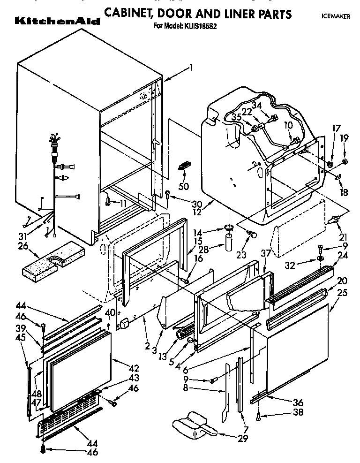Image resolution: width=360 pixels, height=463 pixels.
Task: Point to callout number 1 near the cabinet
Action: (x=191, y=68)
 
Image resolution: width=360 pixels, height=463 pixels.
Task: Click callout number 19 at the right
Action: (x=345, y=138)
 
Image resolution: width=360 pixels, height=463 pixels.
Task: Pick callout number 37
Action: (x=265, y=254)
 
